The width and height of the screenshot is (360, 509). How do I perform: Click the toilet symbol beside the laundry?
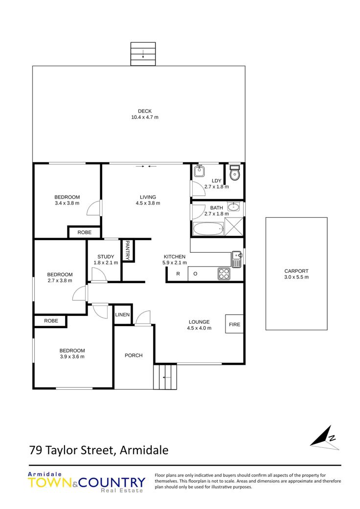[x=234, y=173]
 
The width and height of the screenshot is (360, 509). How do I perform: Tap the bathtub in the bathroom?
[x=208, y=229]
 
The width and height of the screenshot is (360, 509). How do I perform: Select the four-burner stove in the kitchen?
[x=224, y=274]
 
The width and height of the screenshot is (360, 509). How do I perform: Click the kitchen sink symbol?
[x=236, y=259]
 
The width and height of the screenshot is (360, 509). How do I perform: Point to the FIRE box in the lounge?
[x=234, y=324]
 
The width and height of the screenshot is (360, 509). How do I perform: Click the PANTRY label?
[x=128, y=250]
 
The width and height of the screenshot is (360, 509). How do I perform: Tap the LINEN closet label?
[x=122, y=314]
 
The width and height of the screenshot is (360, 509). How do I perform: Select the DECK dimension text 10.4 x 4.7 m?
[x=145, y=117]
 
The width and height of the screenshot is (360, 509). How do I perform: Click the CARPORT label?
[x=296, y=271]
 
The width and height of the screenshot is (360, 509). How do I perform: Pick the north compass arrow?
[x=325, y=438]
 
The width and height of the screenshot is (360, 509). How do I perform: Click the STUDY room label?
[x=106, y=256]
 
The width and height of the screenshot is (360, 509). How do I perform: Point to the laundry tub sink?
[x=199, y=171]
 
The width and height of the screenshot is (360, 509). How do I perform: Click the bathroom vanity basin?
[x=233, y=206]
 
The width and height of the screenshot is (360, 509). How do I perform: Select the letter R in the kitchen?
[x=178, y=274]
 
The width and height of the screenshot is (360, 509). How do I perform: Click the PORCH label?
[x=134, y=355]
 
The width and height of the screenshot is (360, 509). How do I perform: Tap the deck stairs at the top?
[x=143, y=54]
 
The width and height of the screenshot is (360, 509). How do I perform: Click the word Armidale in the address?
[x=144, y=450]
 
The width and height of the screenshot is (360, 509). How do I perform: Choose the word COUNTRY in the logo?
[x=112, y=483]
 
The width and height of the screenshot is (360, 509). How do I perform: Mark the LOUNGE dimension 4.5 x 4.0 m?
[x=199, y=328]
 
